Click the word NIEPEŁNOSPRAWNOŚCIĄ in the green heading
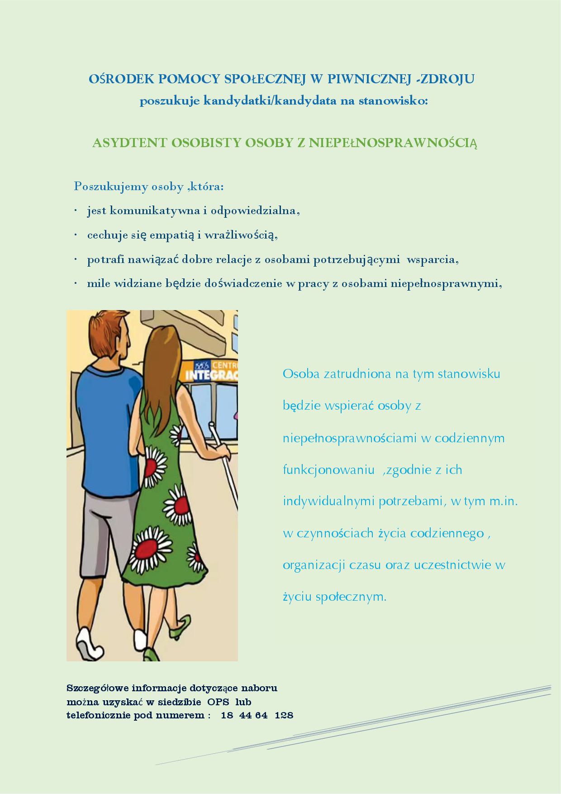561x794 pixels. [x=393, y=143]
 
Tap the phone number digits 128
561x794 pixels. [x=284, y=716]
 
